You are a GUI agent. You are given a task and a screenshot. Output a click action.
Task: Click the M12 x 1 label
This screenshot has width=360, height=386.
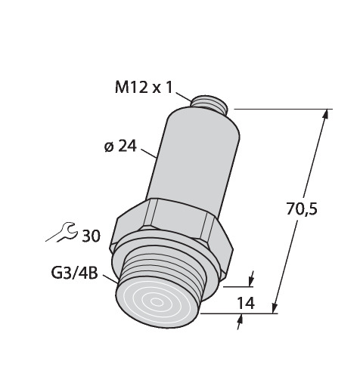(x=144, y=88)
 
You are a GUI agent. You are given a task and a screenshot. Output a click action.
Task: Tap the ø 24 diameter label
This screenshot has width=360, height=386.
(x=120, y=147)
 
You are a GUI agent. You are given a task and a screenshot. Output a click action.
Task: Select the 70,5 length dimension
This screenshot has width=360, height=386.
(x=302, y=209)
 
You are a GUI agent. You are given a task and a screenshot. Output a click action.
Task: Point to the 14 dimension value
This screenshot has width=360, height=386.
(x=247, y=303)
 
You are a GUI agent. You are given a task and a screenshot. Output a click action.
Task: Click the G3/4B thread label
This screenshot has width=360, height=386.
(x=74, y=273)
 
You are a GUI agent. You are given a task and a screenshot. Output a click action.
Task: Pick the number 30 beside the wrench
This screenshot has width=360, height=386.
(x=92, y=236)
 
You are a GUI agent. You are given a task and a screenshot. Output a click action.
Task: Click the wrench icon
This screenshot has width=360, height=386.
(x=61, y=232)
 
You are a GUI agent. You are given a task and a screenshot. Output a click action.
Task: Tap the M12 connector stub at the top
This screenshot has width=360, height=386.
(x=209, y=103)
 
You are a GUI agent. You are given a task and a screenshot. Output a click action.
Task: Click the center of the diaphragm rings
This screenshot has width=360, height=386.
(x=157, y=302)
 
